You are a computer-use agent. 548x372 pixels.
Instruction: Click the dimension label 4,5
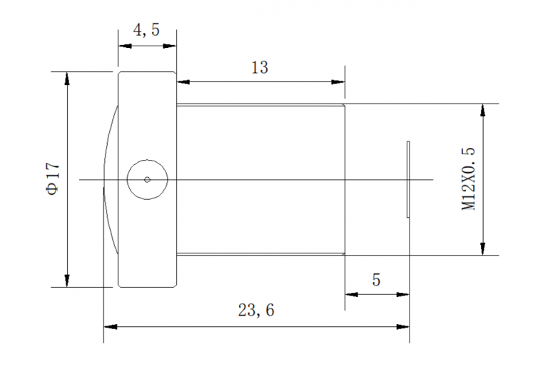tap(146, 31)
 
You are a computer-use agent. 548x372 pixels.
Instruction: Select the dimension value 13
tap(260, 68)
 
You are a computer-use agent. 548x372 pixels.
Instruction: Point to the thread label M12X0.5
tap(468, 179)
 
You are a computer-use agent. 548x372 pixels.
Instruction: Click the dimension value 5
tap(376, 279)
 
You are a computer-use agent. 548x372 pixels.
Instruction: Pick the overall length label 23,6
tap(255, 311)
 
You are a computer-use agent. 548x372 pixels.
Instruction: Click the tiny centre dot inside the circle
tap(147, 179)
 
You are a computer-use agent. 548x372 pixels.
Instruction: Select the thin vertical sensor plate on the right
tap(408, 179)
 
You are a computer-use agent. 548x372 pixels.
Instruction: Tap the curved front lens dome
tap(109, 179)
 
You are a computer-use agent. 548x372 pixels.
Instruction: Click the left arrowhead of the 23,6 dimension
tap(109, 327)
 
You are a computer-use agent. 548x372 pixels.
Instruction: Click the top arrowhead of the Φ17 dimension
tap(67, 77)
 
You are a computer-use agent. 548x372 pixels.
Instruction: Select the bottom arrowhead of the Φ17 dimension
tap(67, 281)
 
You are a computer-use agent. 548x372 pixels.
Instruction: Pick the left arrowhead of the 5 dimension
tap(350, 293)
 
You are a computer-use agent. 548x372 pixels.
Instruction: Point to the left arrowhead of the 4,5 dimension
tap(123, 46)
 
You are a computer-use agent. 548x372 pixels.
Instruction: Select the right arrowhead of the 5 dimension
tap(404, 293)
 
